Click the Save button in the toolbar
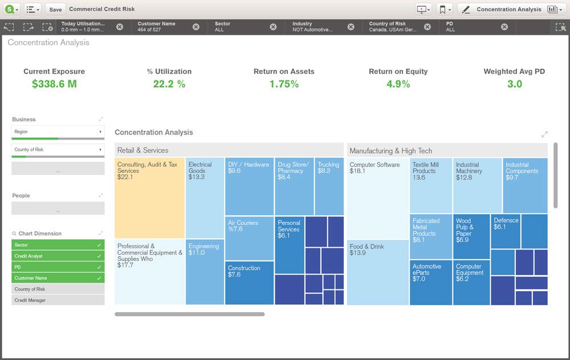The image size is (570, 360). click(x=55, y=10)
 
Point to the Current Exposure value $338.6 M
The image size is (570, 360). click(x=54, y=84)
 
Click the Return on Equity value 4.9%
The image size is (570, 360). click(x=398, y=84)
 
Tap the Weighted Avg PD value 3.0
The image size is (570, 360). click(x=514, y=84)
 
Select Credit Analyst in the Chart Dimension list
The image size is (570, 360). click(x=58, y=256)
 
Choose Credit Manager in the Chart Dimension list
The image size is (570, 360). click(x=58, y=300)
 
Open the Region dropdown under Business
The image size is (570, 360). click(x=58, y=132)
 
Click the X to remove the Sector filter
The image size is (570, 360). click(x=273, y=27)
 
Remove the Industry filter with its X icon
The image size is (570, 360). click(x=351, y=27)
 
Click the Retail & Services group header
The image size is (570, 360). click(x=229, y=150)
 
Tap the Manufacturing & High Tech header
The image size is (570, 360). click(x=447, y=151)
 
